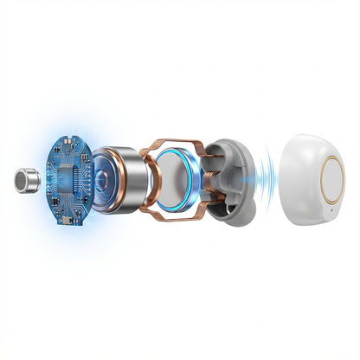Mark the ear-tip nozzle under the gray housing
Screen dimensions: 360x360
click(228, 208)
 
